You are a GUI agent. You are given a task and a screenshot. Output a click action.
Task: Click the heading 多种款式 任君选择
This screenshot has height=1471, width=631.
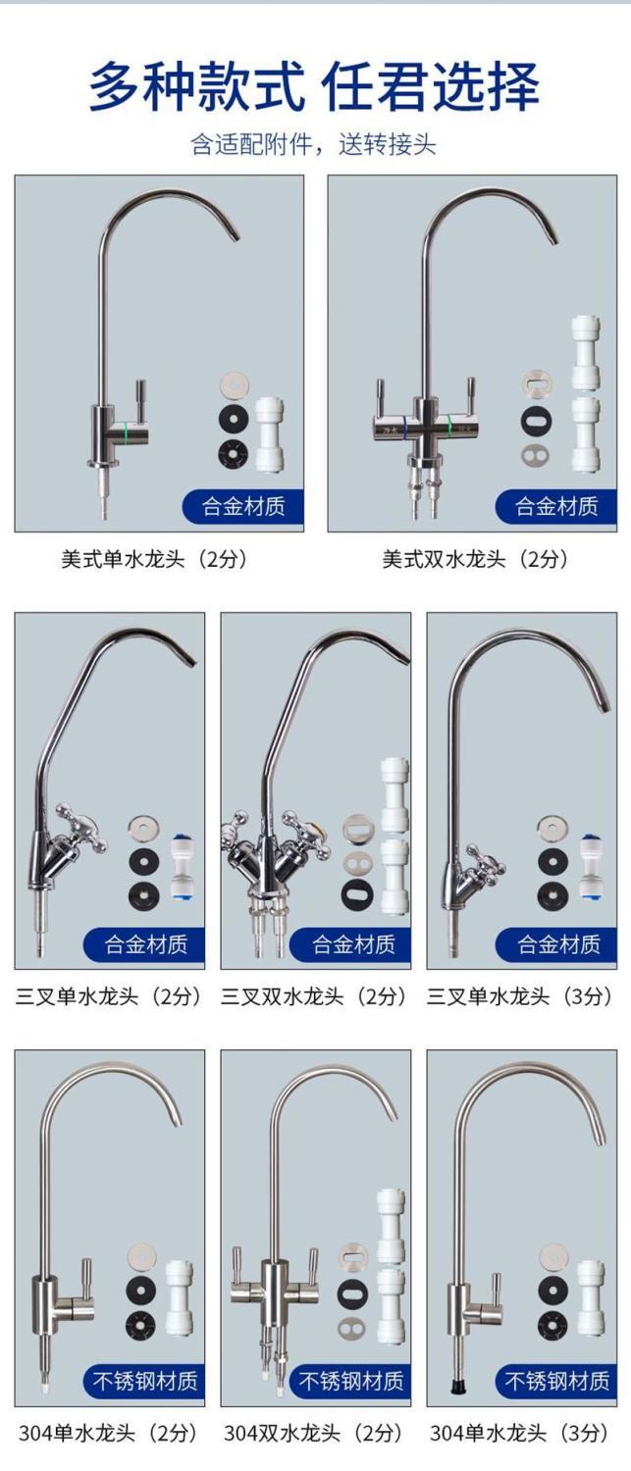point(314,86)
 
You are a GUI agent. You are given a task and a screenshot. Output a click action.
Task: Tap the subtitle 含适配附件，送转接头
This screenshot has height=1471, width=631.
point(313,144)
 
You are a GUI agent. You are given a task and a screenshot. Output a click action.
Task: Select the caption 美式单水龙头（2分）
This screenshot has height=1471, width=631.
point(155,560)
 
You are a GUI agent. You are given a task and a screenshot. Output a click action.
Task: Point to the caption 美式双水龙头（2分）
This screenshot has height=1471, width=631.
point(476,560)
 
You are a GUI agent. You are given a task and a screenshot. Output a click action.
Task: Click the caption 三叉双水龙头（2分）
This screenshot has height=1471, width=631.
point(315,996)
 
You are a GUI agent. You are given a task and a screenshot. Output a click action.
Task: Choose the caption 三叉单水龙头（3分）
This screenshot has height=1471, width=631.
point(520,996)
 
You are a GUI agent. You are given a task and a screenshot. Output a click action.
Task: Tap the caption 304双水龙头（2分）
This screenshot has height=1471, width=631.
point(313,1433)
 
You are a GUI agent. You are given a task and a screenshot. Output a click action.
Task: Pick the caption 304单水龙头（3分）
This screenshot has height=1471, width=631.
point(520,1433)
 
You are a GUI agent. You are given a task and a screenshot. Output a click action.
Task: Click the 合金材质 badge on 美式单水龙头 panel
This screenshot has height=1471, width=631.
point(243,506)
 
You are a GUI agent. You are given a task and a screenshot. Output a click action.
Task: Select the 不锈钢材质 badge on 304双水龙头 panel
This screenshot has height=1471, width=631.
point(350,1381)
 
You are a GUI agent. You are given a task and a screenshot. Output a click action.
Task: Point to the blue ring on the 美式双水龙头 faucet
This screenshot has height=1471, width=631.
point(405,425)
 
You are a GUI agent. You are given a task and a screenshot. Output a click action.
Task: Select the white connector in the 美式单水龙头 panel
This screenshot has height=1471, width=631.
point(269,434)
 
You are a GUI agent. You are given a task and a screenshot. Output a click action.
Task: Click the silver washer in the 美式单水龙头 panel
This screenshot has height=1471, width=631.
point(234,385)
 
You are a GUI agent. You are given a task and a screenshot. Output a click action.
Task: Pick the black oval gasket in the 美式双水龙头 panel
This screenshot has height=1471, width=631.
point(537,421)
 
